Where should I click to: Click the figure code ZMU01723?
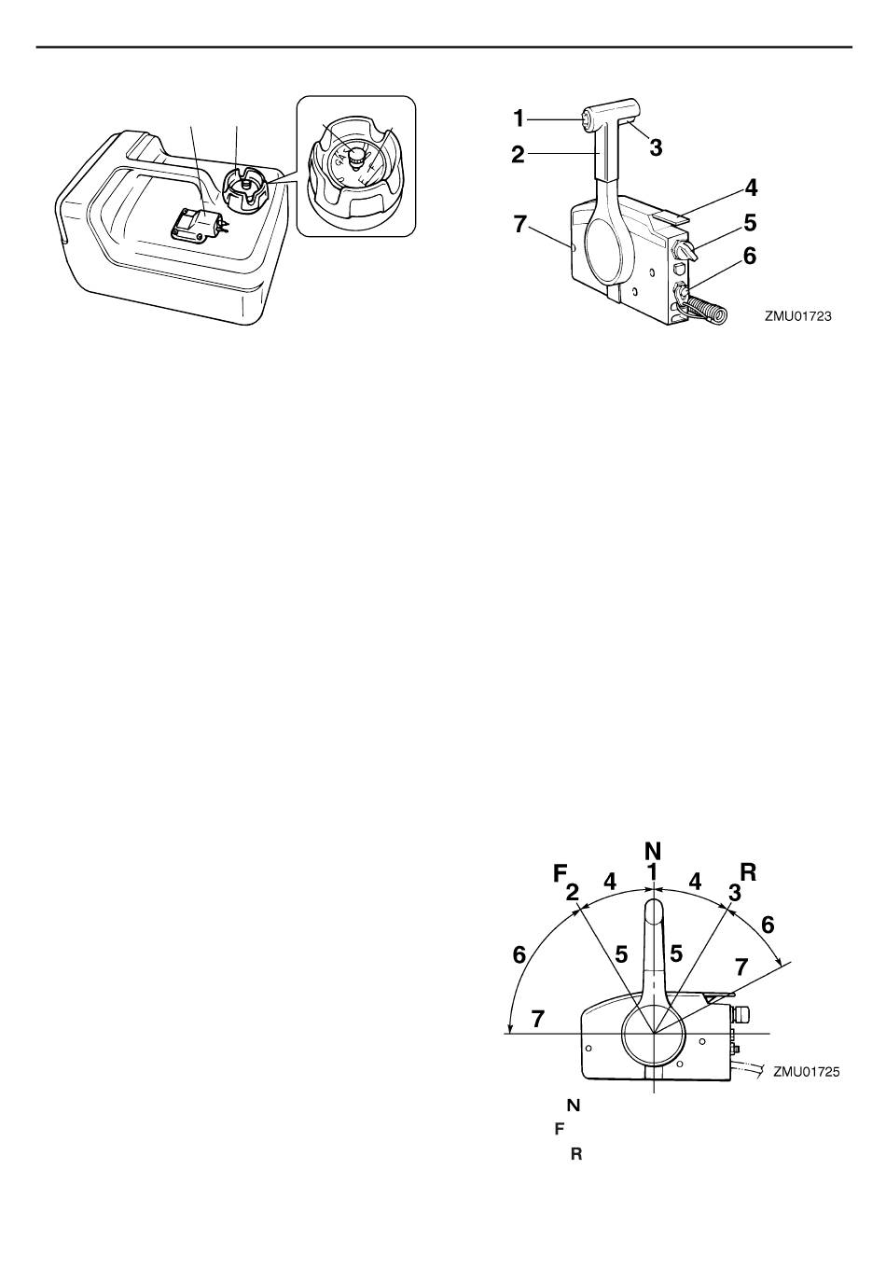coord(798,315)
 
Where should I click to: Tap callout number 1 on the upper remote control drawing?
coord(519,118)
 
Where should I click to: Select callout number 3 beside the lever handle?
coord(656,147)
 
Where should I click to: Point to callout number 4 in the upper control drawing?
coord(750,188)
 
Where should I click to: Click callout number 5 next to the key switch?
coord(750,222)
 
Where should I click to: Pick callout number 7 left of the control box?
coord(519,224)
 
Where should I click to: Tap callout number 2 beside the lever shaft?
coord(519,154)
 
